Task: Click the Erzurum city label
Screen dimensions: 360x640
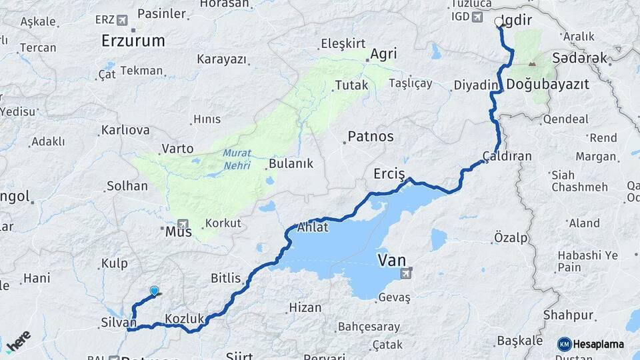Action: [133, 41]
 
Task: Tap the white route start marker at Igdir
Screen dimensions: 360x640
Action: [499, 21]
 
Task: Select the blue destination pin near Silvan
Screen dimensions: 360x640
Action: [155, 291]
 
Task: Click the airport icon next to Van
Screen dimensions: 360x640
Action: [406, 273]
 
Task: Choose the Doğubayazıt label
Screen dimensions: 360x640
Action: [547, 85]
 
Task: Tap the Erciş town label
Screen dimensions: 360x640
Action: [389, 174]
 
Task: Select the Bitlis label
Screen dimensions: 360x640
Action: [225, 277]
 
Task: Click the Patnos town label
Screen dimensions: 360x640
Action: [370, 137]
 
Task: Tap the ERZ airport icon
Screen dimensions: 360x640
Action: [122, 19]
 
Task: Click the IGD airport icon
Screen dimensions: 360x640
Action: [477, 17]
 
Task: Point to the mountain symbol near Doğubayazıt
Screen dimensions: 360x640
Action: [531, 65]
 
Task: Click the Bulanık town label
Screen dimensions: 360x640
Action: [290, 163]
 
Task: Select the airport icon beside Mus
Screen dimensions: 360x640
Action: [183, 223]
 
